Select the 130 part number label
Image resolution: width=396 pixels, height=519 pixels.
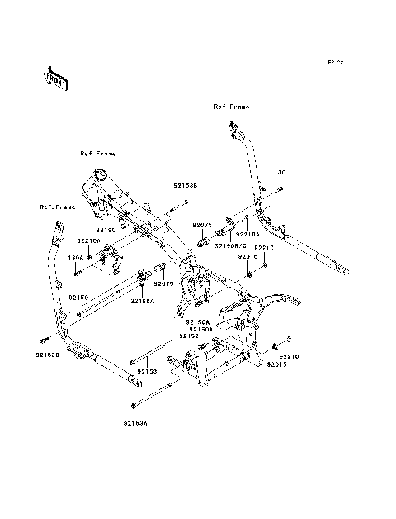280,173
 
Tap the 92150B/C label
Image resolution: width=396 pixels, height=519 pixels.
230,245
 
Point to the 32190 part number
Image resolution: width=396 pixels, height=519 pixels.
106,230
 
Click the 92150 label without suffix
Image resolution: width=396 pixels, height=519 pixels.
78,296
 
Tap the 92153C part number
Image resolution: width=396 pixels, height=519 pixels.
47,355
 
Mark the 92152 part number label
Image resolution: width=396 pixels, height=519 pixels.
189,336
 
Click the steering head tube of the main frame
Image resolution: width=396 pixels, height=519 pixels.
99,175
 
